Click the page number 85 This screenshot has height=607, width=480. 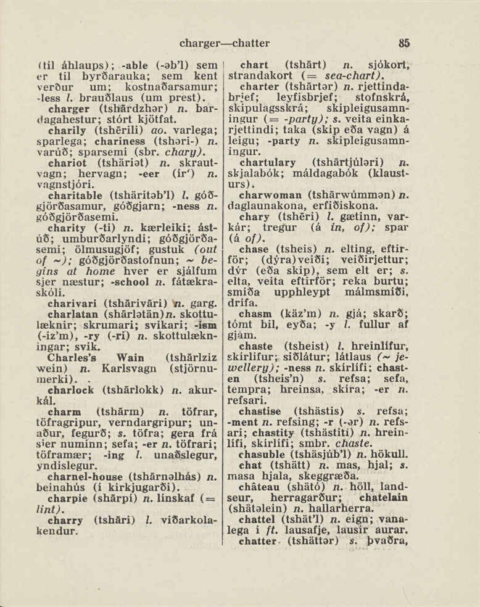coord(404,43)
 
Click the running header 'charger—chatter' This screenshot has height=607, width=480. coord(224,43)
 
